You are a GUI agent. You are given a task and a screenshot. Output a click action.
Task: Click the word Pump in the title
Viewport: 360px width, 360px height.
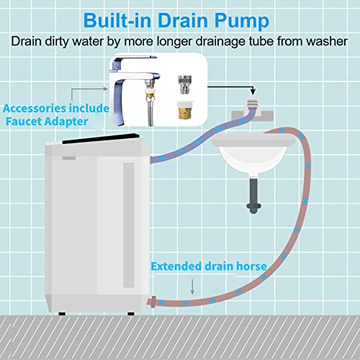point(242,21)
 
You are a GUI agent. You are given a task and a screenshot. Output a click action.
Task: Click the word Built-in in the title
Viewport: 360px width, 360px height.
point(117,20)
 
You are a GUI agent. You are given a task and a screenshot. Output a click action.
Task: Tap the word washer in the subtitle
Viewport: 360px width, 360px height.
point(327,41)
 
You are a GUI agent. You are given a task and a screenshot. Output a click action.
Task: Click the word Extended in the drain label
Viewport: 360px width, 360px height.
point(176,266)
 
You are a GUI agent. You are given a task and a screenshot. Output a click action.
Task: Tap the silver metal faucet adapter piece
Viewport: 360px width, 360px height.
point(184,85)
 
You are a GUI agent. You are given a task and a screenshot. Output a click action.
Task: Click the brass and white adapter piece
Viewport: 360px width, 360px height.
point(184,110)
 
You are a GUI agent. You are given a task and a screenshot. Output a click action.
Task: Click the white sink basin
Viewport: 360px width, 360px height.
point(253,156)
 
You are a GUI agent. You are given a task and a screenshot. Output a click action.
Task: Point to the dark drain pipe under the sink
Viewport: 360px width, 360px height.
point(253,196)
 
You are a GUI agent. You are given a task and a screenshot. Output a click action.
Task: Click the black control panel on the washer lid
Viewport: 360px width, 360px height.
point(101,138)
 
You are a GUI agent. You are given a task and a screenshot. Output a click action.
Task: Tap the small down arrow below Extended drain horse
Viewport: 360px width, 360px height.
point(192,287)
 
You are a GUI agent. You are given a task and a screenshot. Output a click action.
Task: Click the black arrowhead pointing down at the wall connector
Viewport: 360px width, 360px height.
point(253,91)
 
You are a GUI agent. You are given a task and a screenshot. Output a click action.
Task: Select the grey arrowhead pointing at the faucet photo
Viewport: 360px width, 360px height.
point(105,89)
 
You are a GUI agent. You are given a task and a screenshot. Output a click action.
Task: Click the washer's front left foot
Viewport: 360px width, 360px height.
point(62,313)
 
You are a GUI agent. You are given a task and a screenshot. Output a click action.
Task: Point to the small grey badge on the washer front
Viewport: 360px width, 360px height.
point(69,158)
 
